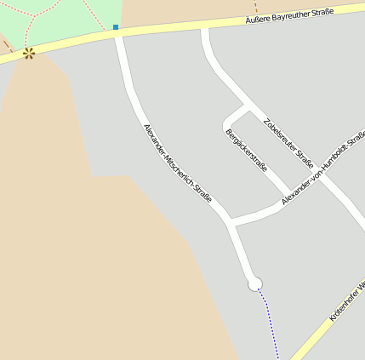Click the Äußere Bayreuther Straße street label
pos(288,15)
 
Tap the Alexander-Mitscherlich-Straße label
pos(177,168)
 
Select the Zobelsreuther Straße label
pos(288,141)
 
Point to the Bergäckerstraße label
pos(246,149)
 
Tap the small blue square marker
pos(116,27)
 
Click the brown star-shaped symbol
pos(29,54)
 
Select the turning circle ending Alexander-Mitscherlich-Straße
pos(254,284)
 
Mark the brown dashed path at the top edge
pos(254,8)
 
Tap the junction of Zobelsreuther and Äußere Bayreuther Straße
pos(204,28)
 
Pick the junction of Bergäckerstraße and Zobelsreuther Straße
pos(248,107)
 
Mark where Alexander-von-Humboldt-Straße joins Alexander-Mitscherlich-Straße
pos(232,222)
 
